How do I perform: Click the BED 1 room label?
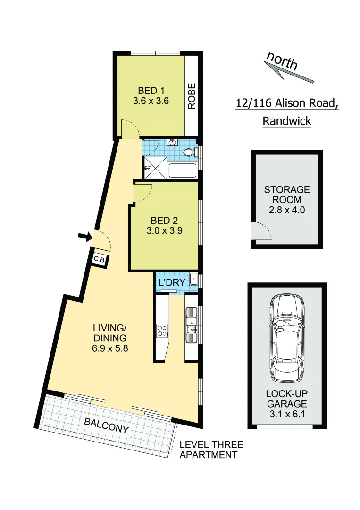pyautogui.click(x=151, y=90)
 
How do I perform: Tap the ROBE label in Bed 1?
pyautogui.click(x=192, y=96)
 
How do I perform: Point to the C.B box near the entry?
pyautogui.click(x=99, y=259)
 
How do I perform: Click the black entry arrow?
pyautogui.click(x=85, y=237)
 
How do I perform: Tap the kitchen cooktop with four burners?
pyautogui.click(x=162, y=330)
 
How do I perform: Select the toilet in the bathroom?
pyautogui.click(x=190, y=153)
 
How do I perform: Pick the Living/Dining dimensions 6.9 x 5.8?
pyautogui.click(x=110, y=349)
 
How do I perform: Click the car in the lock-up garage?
pyautogui.click(x=287, y=340)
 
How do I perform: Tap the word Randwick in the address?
pyautogui.click(x=286, y=121)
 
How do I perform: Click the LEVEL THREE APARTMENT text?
pyautogui.click(x=211, y=450)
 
